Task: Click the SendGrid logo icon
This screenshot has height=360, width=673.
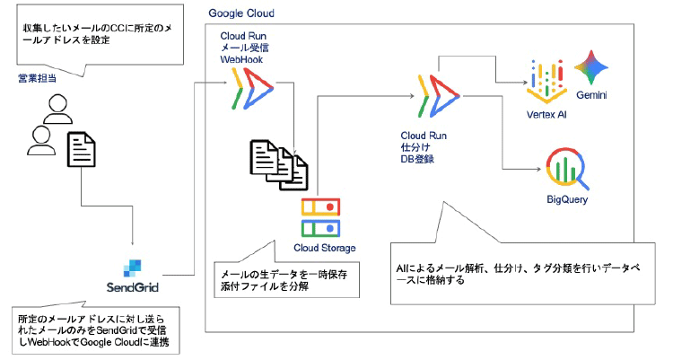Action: pos(133,267)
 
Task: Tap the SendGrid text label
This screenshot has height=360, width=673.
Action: pos(133,287)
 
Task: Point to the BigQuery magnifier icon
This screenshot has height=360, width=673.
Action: pos(566,168)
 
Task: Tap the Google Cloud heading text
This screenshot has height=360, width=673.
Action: pos(241,14)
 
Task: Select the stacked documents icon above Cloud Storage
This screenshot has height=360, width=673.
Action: pos(277,163)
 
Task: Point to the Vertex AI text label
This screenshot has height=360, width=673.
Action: pos(547,115)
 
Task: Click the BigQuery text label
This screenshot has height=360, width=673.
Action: pos(566,199)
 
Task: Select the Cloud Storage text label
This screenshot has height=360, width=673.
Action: pos(324,248)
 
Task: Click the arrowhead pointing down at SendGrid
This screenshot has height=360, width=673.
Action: pos(133,244)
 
